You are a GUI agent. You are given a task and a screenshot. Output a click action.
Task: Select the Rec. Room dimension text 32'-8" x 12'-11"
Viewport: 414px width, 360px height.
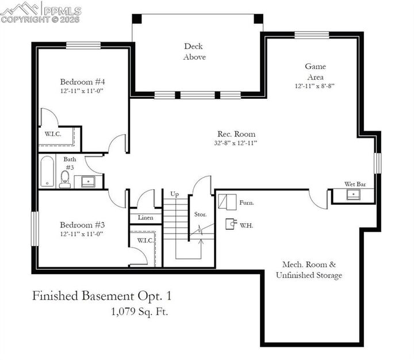tap(236, 143)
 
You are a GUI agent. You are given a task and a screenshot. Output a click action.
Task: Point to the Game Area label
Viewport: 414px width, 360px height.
tap(315, 72)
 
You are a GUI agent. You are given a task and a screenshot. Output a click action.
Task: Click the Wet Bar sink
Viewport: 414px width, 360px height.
tap(352, 195)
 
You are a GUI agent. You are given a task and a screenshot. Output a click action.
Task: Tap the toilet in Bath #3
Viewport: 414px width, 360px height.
tap(66, 179)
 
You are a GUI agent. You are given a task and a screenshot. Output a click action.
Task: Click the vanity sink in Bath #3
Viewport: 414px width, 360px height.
tap(88, 182)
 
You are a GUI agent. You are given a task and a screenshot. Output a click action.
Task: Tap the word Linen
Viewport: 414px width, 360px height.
tap(145, 218)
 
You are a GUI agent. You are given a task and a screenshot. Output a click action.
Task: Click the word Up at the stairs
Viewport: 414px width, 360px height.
tap(175, 194)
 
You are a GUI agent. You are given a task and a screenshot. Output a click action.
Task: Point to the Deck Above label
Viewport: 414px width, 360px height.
tap(194, 52)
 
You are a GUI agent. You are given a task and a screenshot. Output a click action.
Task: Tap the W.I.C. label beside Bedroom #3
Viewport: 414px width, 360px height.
tap(144, 240)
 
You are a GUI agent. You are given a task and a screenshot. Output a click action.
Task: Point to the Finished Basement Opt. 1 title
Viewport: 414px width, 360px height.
tap(102, 296)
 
